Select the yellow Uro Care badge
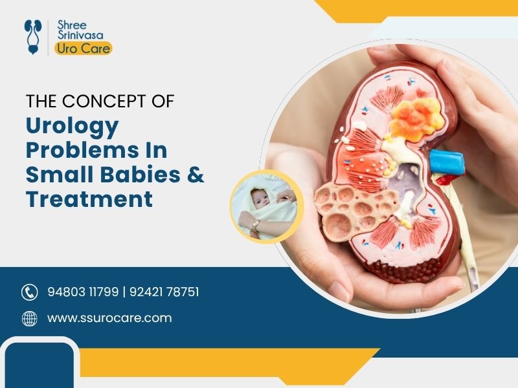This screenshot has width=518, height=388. (83, 48)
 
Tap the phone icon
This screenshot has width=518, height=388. (29, 292)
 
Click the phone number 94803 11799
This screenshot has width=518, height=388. (83, 292)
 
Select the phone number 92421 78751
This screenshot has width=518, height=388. (163, 292)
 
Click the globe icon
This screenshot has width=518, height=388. (29, 318)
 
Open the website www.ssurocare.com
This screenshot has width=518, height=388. (109, 318)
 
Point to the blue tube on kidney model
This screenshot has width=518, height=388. (447, 162)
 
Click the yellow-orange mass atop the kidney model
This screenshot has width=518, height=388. (414, 116)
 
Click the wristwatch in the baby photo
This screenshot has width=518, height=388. (256, 225)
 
